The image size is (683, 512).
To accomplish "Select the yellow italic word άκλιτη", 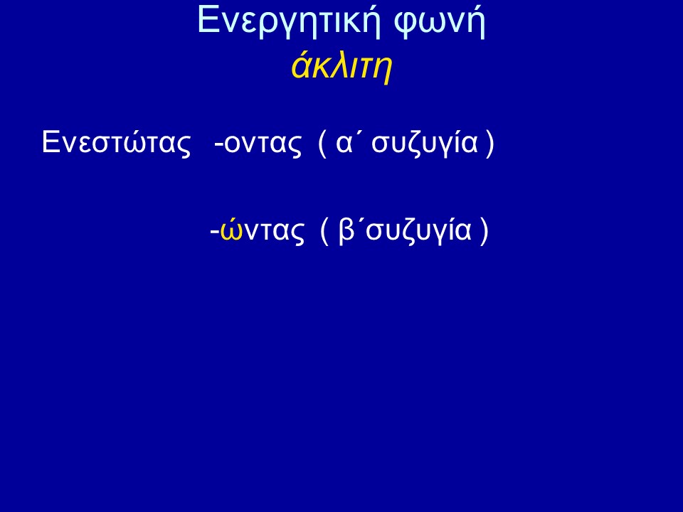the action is [x=342, y=66].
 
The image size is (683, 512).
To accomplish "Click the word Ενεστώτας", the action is [x=116, y=142].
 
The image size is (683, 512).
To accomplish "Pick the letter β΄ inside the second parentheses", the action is [x=351, y=230].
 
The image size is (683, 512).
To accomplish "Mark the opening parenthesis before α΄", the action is [x=322, y=144].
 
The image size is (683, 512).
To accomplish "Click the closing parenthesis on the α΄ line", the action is [x=489, y=144].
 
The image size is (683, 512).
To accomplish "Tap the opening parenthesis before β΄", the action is [x=324, y=230].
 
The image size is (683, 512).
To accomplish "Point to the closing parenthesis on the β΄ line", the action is [x=484, y=230].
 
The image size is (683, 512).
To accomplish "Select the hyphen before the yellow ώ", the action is [x=214, y=231].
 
